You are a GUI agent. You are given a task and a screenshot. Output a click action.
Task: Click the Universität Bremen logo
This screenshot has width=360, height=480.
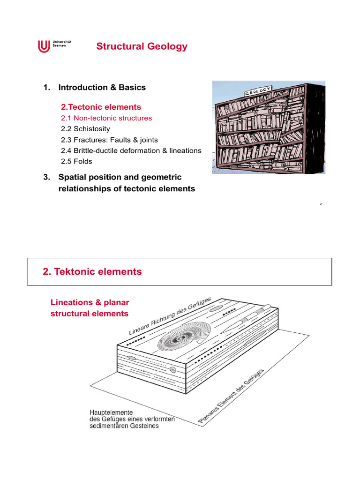[x=52, y=46]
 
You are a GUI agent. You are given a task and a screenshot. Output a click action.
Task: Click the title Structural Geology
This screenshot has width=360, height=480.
[x=142, y=46]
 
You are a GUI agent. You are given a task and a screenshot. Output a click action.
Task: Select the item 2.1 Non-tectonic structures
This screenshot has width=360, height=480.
[x=106, y=118]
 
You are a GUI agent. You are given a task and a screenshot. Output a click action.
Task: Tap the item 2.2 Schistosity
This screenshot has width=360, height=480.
[x=85, y=129]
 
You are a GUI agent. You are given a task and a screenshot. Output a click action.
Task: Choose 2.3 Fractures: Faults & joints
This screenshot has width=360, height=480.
[x=109, y=140]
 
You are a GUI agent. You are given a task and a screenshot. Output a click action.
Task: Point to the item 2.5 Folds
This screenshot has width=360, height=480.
[x=76, y=161]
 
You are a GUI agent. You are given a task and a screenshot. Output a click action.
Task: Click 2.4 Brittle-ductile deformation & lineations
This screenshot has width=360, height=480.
[x=131, y=150]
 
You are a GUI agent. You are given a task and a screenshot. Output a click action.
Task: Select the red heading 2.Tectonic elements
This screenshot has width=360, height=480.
[x=101, y=107]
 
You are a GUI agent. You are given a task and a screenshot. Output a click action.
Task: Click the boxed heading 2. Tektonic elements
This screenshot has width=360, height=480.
[x=92, y=272]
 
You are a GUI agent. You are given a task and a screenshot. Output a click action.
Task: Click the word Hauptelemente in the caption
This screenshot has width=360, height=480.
[x=110, y=412]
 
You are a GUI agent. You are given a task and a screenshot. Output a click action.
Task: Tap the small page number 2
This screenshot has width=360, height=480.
[x=321, y=204]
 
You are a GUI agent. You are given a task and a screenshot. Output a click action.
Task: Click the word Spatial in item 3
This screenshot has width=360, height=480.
[x=72, y=177]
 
